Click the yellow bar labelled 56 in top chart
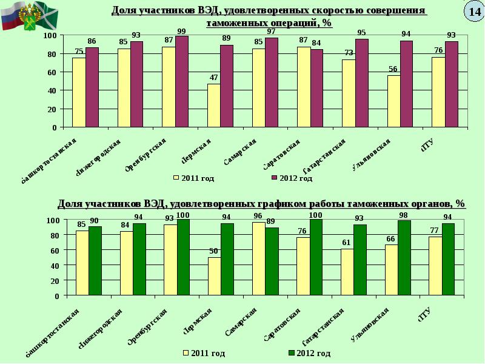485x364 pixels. pos(393,101)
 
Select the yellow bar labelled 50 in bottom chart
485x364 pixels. pos(214,276)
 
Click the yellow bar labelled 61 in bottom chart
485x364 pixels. pos(347,272)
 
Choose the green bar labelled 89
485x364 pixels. pos(272,261)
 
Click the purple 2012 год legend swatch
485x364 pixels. pos(273,178)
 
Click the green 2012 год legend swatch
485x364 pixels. pos(291,353)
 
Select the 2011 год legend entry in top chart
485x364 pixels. pos(194,178)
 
